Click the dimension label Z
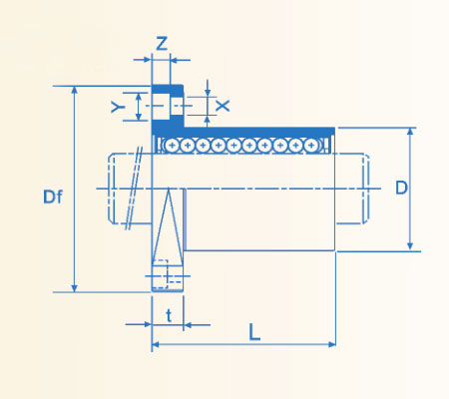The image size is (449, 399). pos(162,43)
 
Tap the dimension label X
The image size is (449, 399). pos(222,105)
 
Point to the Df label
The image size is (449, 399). pos(53,197)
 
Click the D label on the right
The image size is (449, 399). pos(400,188)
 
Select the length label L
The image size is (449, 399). pos(254,334)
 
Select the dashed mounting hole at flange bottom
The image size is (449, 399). pos(168,275)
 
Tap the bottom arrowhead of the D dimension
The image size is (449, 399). pos(411,245)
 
